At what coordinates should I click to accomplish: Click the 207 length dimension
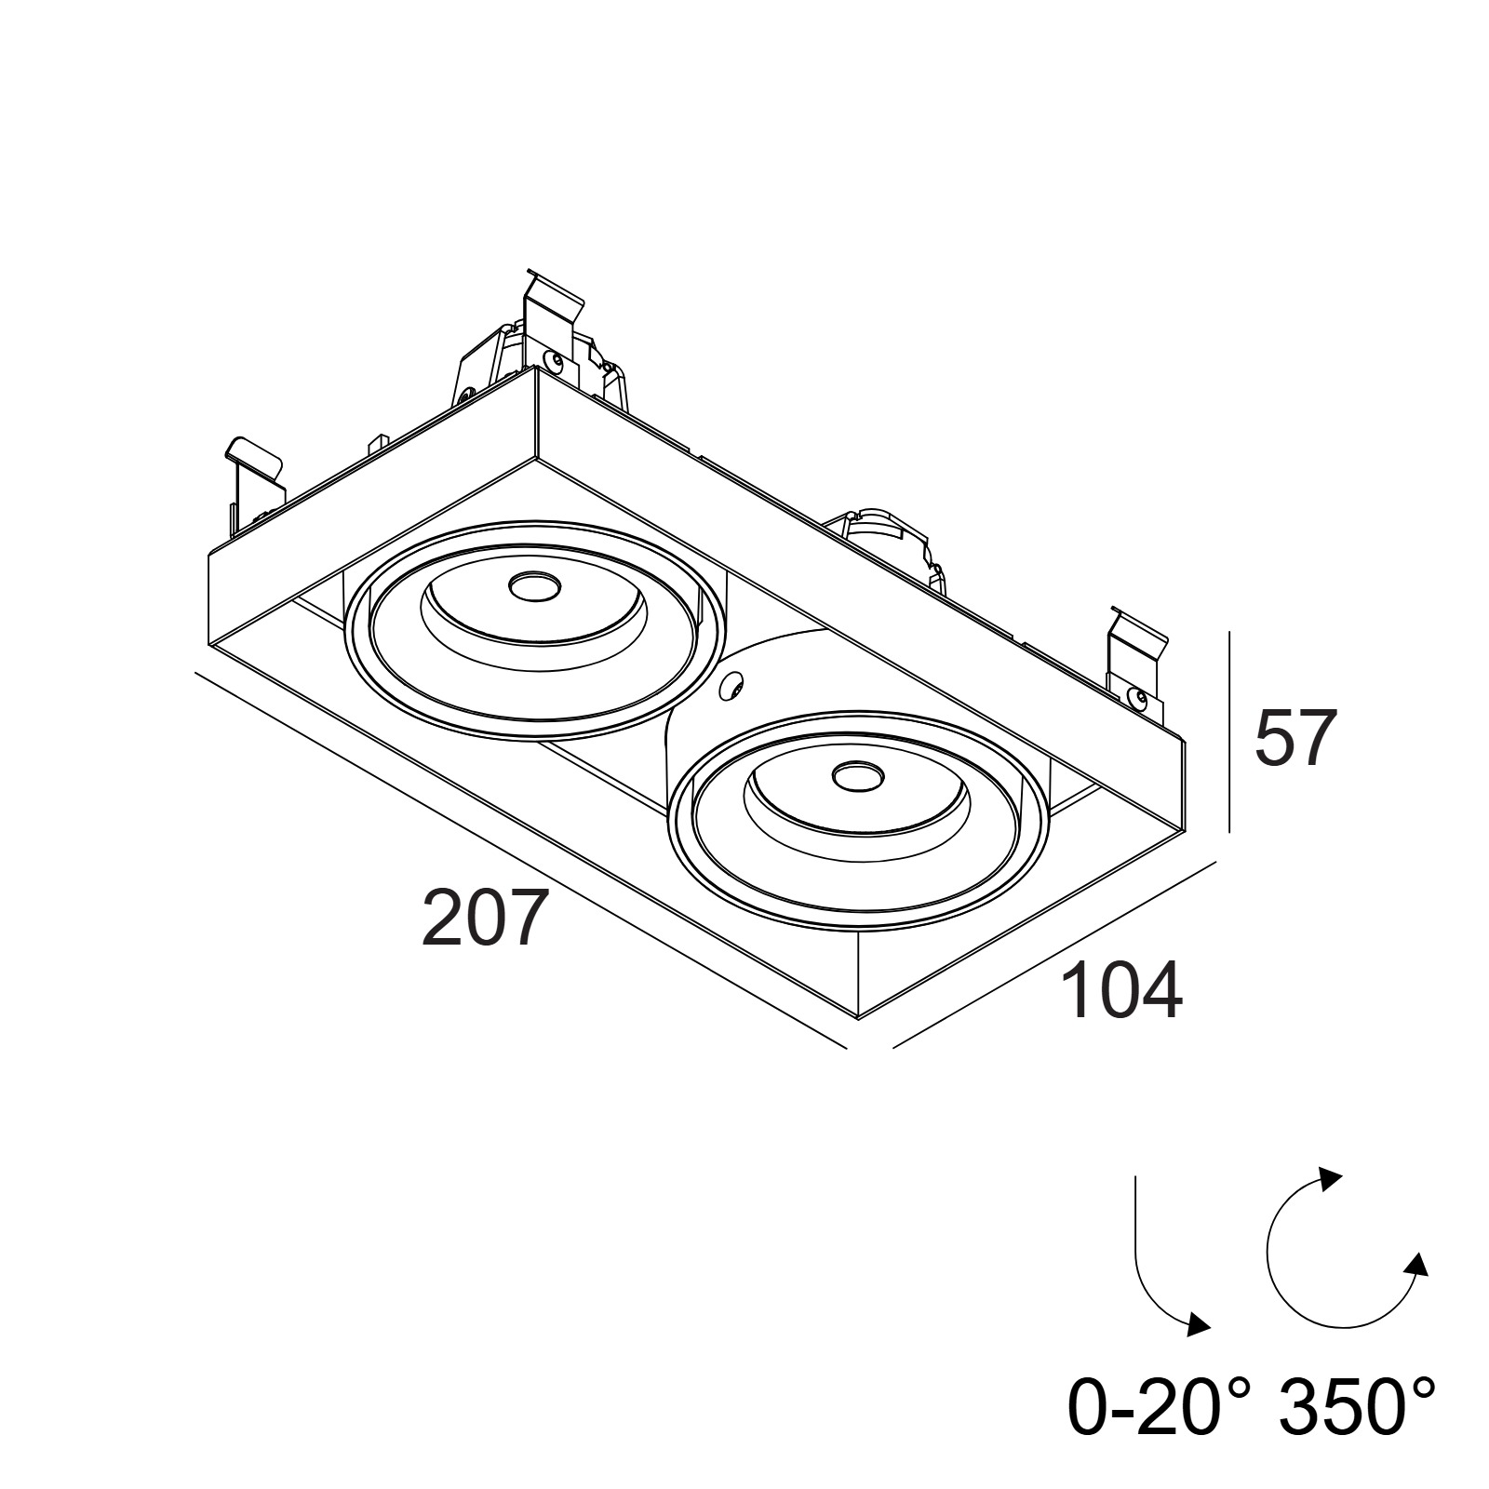481,917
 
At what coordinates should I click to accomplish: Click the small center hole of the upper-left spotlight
532,586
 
